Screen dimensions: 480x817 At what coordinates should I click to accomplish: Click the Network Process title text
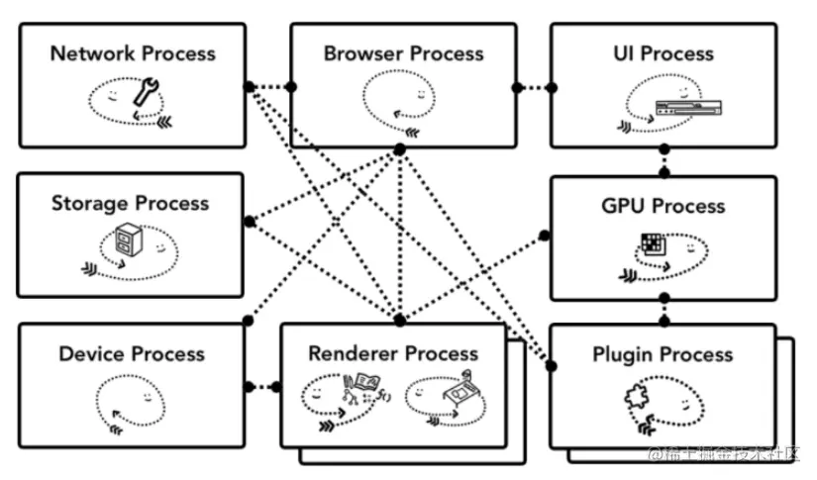click(133, 53)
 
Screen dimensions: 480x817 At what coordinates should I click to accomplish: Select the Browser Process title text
click(404, 53)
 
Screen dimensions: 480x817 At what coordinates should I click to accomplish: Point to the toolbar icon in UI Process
click(682, 108)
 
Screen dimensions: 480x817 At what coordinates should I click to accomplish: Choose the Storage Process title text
click(131, 204)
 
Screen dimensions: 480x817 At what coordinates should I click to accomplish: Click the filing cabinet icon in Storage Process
click(127, 239)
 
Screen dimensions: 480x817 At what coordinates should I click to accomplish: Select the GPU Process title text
click(664, 206)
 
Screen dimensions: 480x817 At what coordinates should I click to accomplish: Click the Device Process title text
click(132, 354)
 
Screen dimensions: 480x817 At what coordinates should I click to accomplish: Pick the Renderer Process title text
click(393, 353)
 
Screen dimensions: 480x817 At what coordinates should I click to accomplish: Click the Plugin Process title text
click(663, 354)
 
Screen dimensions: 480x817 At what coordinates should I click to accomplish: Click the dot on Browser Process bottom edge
click(399, 148)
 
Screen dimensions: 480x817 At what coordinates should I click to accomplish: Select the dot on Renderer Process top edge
click(399, 321)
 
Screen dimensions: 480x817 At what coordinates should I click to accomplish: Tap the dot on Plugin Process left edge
click(552, 367)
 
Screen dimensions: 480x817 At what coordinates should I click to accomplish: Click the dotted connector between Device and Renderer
click(262, 386)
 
